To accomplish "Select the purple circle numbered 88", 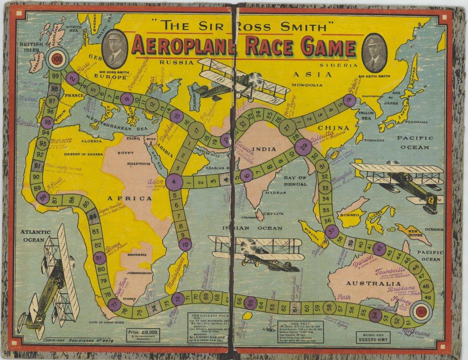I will point(43,197).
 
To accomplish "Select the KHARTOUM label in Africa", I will point(138,164).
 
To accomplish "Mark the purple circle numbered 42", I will point(379,248).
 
